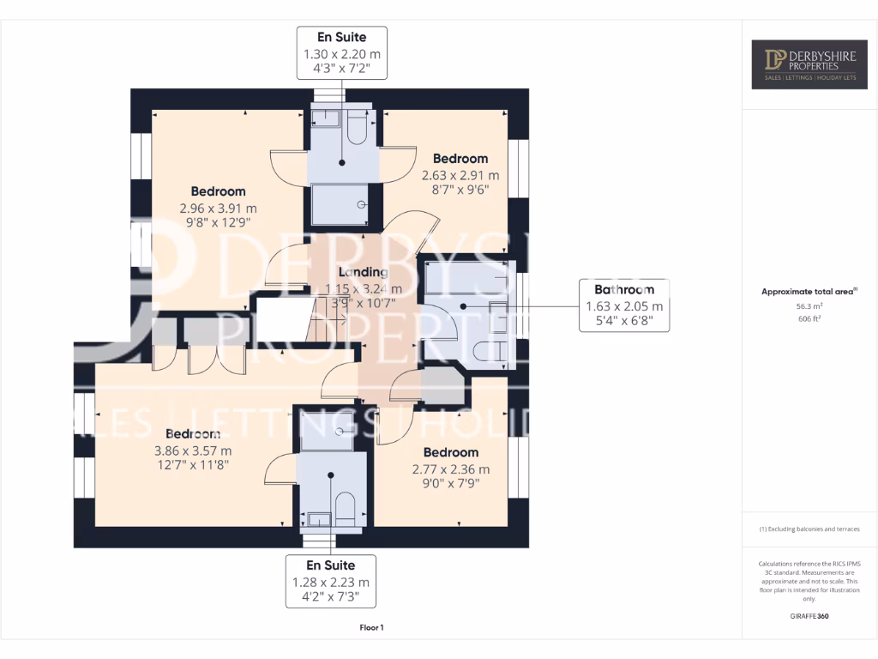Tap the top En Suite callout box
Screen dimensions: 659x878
pyautogui.click(x=342, y=53)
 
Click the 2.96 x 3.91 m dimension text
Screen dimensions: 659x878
pyautogui.click(x=218, y=208)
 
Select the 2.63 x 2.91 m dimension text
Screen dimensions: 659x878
pyautogui.click(x=460, y=175)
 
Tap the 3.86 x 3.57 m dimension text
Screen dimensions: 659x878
pyautogui.click(x=193, y=450)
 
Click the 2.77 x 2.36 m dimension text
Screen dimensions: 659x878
pyautogui.click(x=450, y=469)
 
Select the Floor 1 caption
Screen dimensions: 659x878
pyautogui.click(x=371, y=628)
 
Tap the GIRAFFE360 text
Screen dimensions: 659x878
pyautogui.click(x=809, y=616)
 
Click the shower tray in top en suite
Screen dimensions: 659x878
pyautogui.click(x=341, y=206)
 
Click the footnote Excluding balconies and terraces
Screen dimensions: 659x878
pyautogui.click(x=809, y=529)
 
